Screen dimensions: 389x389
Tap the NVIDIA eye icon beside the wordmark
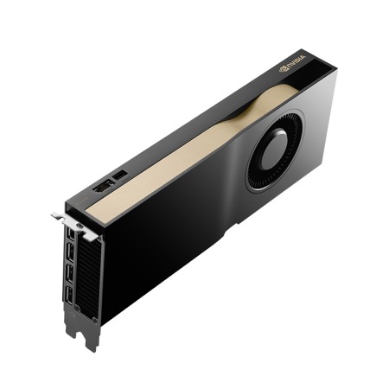[x=284, y=67]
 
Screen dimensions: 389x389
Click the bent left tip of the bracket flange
[x=54, y=215]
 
